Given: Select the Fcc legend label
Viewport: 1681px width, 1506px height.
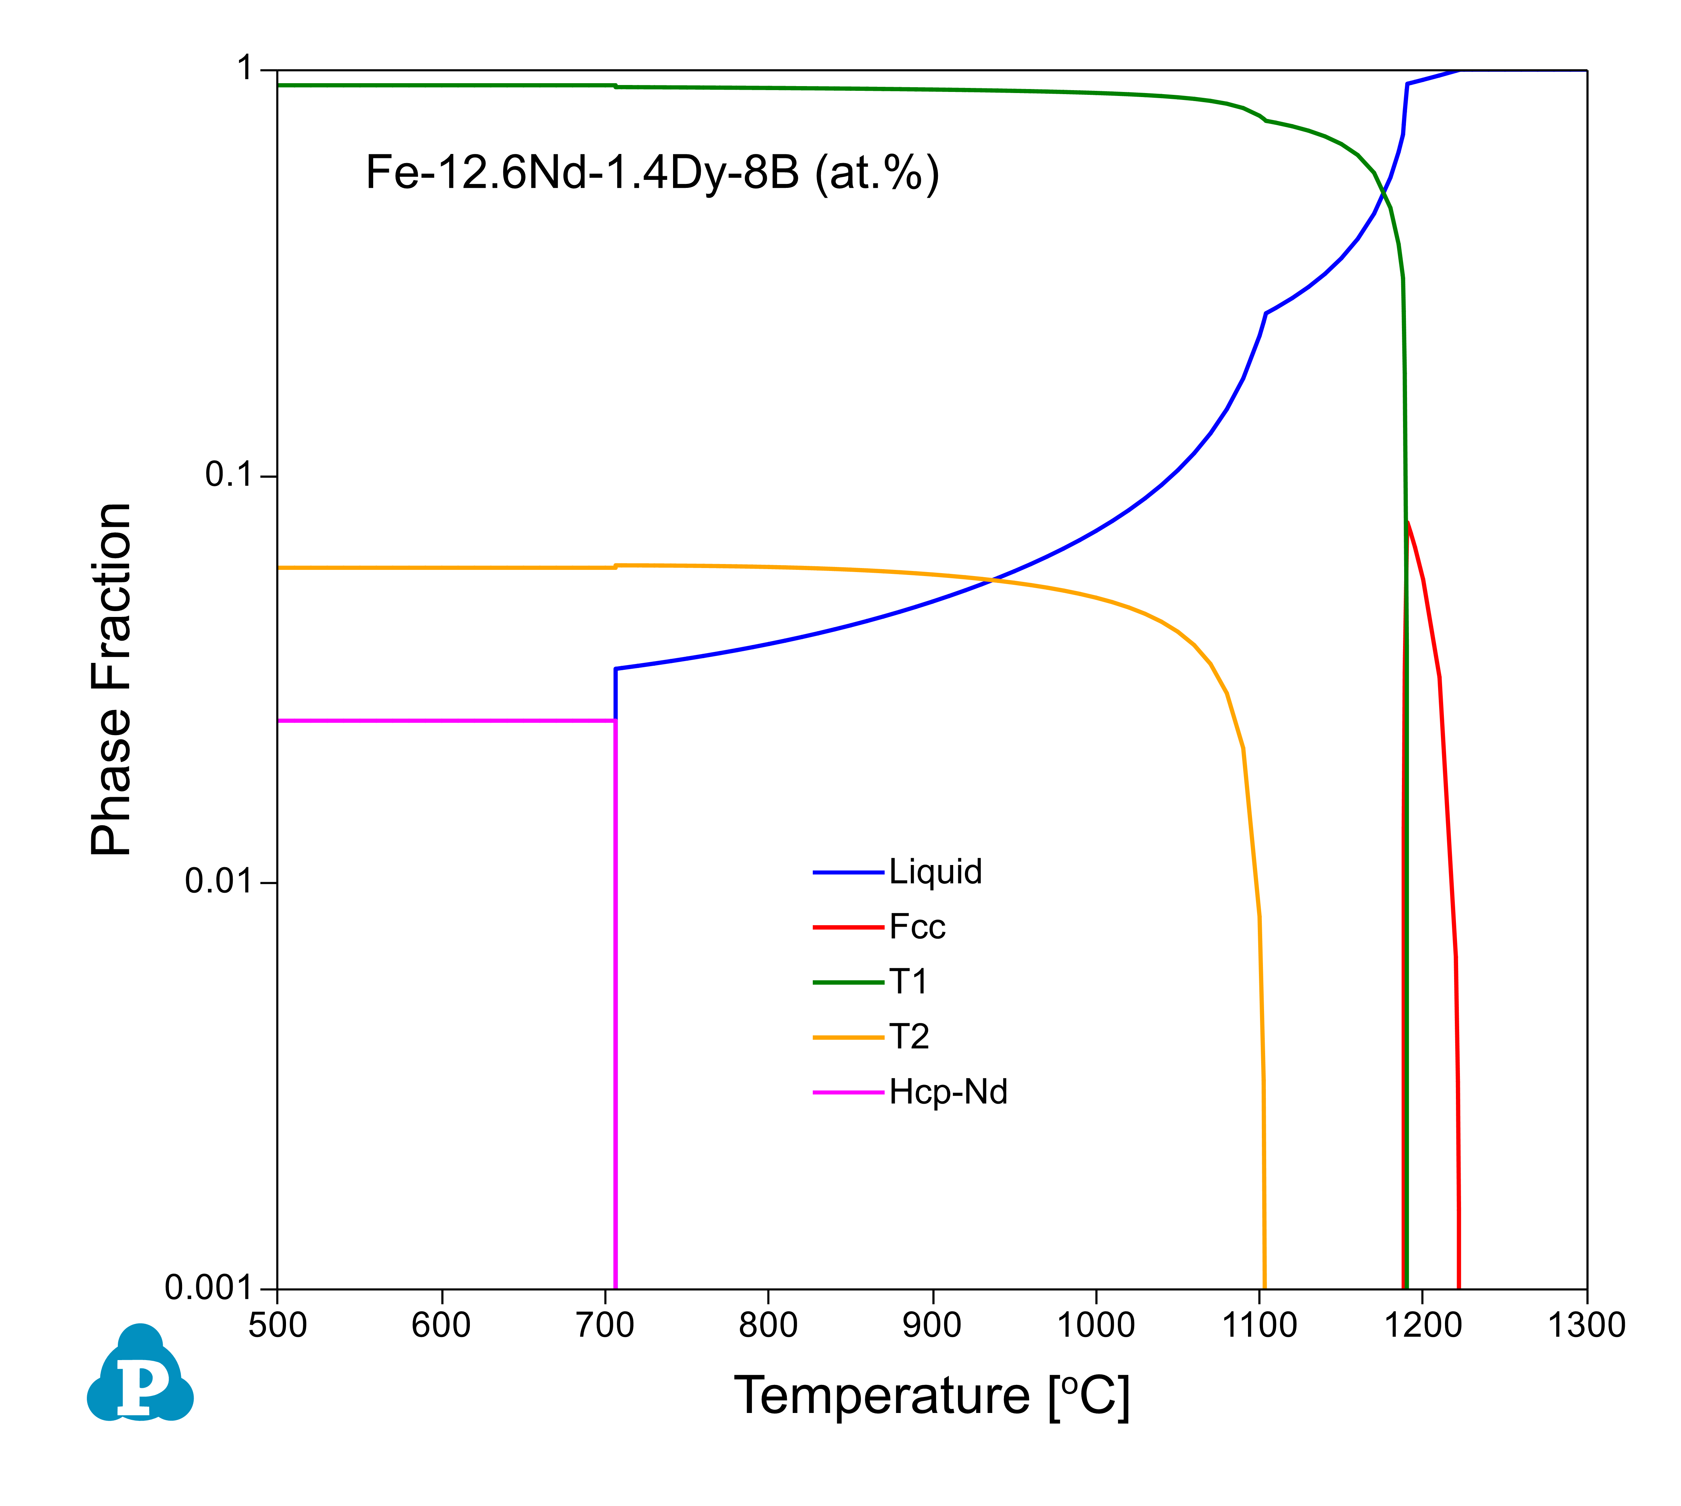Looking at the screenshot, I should pyautogui.click(x=917, y=927).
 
